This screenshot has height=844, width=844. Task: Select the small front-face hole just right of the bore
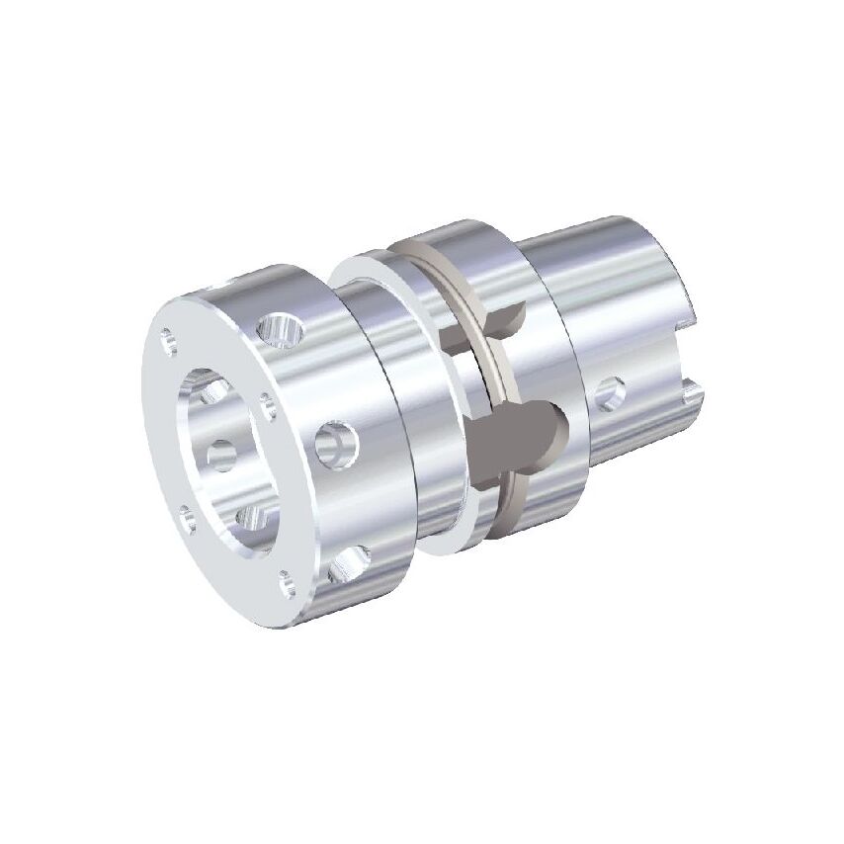click(x=268, y=400)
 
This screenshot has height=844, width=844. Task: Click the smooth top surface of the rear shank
click(x=603, y=247)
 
